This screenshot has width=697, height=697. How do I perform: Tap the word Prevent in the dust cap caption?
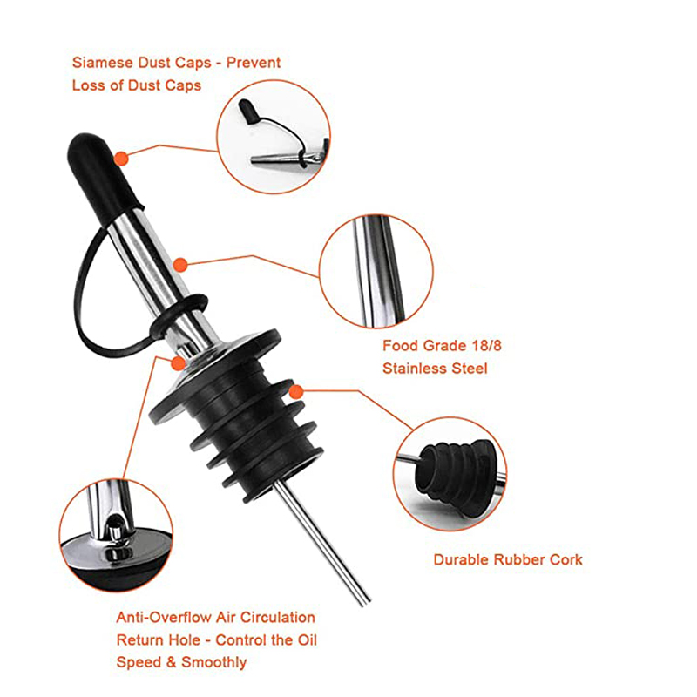[x=254, y=63]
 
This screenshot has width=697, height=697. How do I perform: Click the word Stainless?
[x=413, y=369]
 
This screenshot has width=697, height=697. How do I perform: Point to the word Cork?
[x=565, y=559]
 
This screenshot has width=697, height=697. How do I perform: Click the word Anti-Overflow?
[x=164, y=618]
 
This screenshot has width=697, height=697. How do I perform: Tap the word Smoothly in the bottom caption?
[x=213, y=662]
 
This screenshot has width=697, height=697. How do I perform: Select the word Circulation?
[x=278, y=618]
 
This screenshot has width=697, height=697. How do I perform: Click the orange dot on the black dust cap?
[x=121, y=159]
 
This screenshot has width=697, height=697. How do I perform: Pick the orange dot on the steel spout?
[x=180, y=265]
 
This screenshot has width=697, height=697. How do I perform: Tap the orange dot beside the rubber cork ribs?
[x=296, y=391]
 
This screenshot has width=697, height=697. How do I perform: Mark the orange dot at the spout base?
[x=179, y=363]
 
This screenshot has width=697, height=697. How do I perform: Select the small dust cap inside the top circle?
[x=249, y=112]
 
